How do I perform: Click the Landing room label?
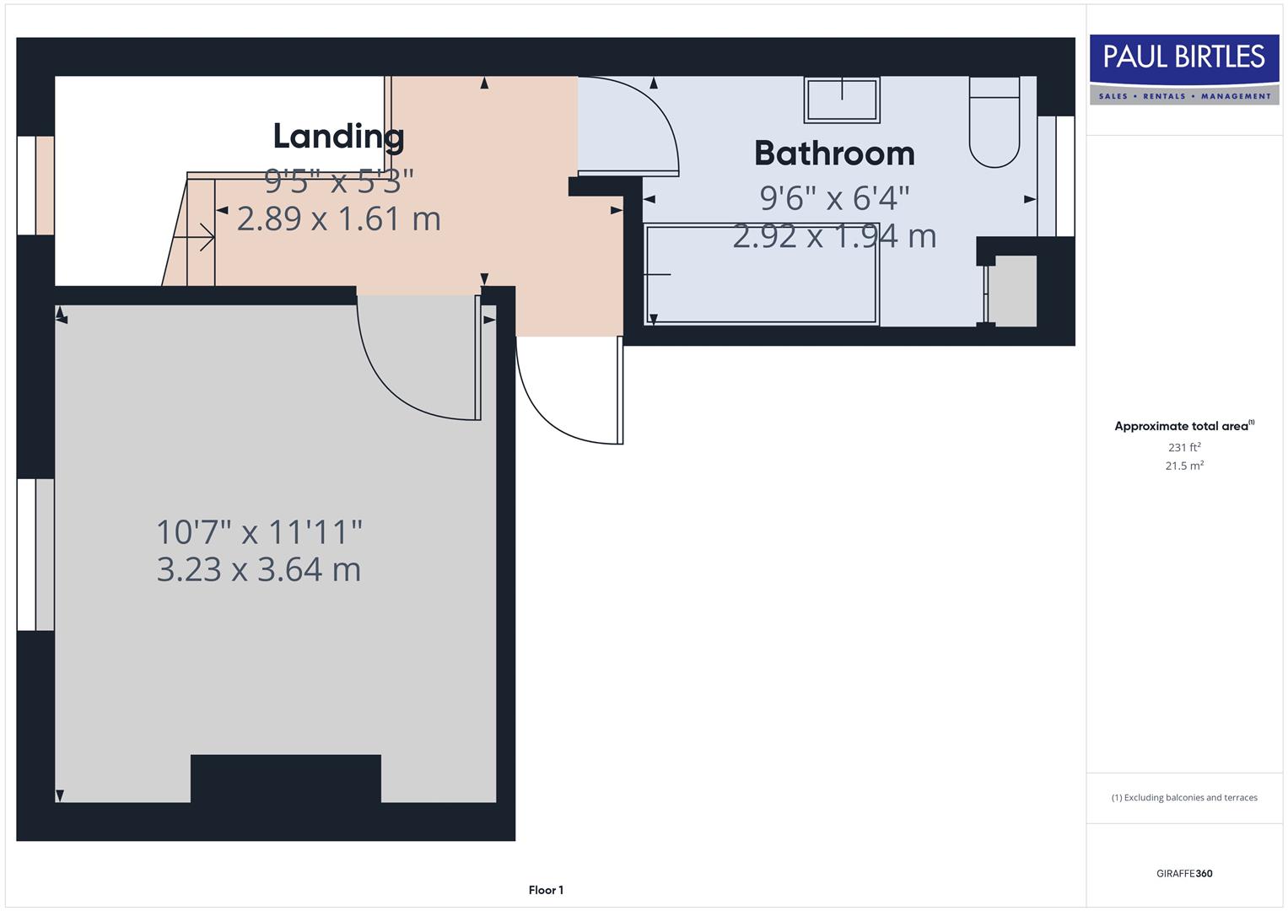click(338, 136)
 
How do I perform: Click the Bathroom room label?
click(834, 154)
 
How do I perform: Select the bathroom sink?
click(842, 100)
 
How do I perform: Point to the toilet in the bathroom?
click(994, 122)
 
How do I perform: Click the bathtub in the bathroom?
click(762, 274)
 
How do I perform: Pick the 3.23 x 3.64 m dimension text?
click(259, 569)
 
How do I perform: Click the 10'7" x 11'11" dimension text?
click(259, 532)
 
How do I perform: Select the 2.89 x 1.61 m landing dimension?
click(338, 218)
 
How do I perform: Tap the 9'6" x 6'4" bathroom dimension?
click(834, 198)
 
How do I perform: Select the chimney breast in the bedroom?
click(285, 779)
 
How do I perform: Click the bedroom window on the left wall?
click(35, 554)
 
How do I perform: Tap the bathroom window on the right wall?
click(1056, 175)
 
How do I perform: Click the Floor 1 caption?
click(546, 890)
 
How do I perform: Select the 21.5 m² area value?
click(1183, 466)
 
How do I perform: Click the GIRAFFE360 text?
click(1183, 873)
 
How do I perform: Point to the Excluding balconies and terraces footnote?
click(1183, 797)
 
